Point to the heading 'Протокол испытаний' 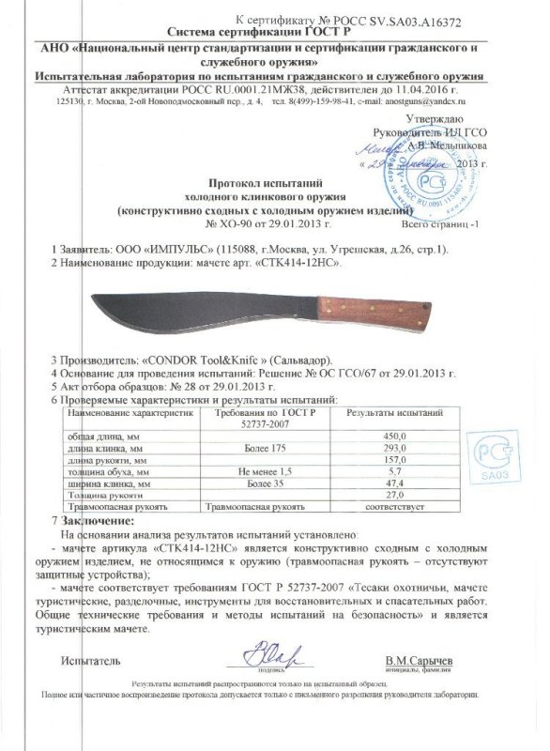pyautogui.click(x=277, y=187)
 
